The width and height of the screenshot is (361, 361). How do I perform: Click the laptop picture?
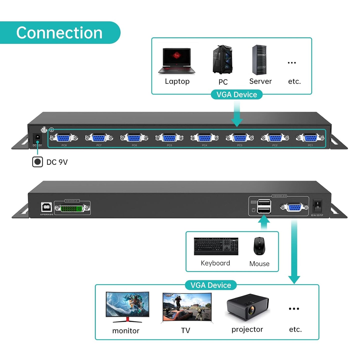pos(177,61)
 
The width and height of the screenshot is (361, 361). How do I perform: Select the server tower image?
pos(259,60)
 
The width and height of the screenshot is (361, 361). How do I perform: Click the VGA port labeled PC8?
pos(64,138)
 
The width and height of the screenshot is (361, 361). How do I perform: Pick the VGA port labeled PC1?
pos(310,138)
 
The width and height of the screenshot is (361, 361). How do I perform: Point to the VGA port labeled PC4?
pos(205,138)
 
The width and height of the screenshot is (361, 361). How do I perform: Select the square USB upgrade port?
pos(46,207)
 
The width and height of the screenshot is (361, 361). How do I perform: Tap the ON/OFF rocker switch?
pos(318,205)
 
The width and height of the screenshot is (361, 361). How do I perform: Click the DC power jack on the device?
pos(37,138)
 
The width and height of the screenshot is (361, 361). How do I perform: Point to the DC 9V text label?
pos(57,162)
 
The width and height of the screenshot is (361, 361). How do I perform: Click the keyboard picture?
pos(216,246)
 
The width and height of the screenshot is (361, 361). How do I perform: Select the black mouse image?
pos(259,246)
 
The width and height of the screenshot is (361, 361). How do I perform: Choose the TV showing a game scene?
pos(187,308)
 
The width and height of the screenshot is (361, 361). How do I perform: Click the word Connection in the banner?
pos(59,33)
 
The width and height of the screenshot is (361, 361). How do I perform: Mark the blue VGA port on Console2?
pos(294,207)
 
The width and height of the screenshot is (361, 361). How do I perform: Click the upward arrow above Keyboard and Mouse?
pos(264,222)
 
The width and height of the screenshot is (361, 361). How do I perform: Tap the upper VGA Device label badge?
pos(237,95)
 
